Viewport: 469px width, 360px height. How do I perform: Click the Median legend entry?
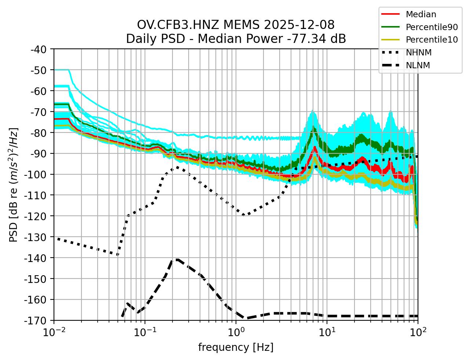pos(421,14)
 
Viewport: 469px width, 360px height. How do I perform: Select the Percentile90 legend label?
pos(432,27)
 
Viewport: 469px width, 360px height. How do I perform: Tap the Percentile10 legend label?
pos(432,40)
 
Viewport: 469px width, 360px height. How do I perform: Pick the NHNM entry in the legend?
pos(418,52)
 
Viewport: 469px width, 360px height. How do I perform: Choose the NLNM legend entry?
pos(418,65)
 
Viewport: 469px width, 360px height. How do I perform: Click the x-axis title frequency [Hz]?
pos(236,347)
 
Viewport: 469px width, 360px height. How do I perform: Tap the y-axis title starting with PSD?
pos(14,185)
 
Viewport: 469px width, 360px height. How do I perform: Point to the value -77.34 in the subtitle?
pos(313,39)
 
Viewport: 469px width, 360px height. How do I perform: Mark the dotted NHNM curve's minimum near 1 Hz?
pos(243,215)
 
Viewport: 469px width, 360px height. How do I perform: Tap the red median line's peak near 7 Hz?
pos(315,147)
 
